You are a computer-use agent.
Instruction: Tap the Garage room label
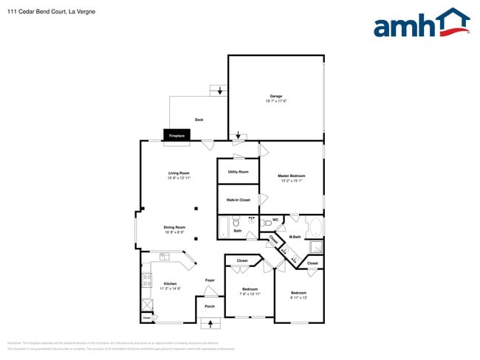(275, 97)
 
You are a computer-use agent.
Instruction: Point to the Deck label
(199, 120)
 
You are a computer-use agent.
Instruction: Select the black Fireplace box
(177, 136)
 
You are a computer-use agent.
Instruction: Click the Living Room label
(179, 173)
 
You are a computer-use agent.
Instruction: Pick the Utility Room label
(238, 172)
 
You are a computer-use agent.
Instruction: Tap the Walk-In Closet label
(238, 200)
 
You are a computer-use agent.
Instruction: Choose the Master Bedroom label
(291, 176)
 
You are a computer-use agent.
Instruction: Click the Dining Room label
(174, 227)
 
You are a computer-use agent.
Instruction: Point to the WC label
(275, 219)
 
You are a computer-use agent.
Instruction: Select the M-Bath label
(295, 237)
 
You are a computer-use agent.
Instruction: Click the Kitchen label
(170, 283)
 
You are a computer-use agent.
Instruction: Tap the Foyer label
(210, 280)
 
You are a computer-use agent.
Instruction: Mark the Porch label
(210, 306)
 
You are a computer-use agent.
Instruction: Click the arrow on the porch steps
(210, 322)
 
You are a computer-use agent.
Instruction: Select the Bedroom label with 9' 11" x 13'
(298, 293)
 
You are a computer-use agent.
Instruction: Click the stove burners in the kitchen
(147, 280)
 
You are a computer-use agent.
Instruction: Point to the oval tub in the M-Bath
(313, 225)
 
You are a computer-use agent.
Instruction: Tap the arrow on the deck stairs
(220, 91)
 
